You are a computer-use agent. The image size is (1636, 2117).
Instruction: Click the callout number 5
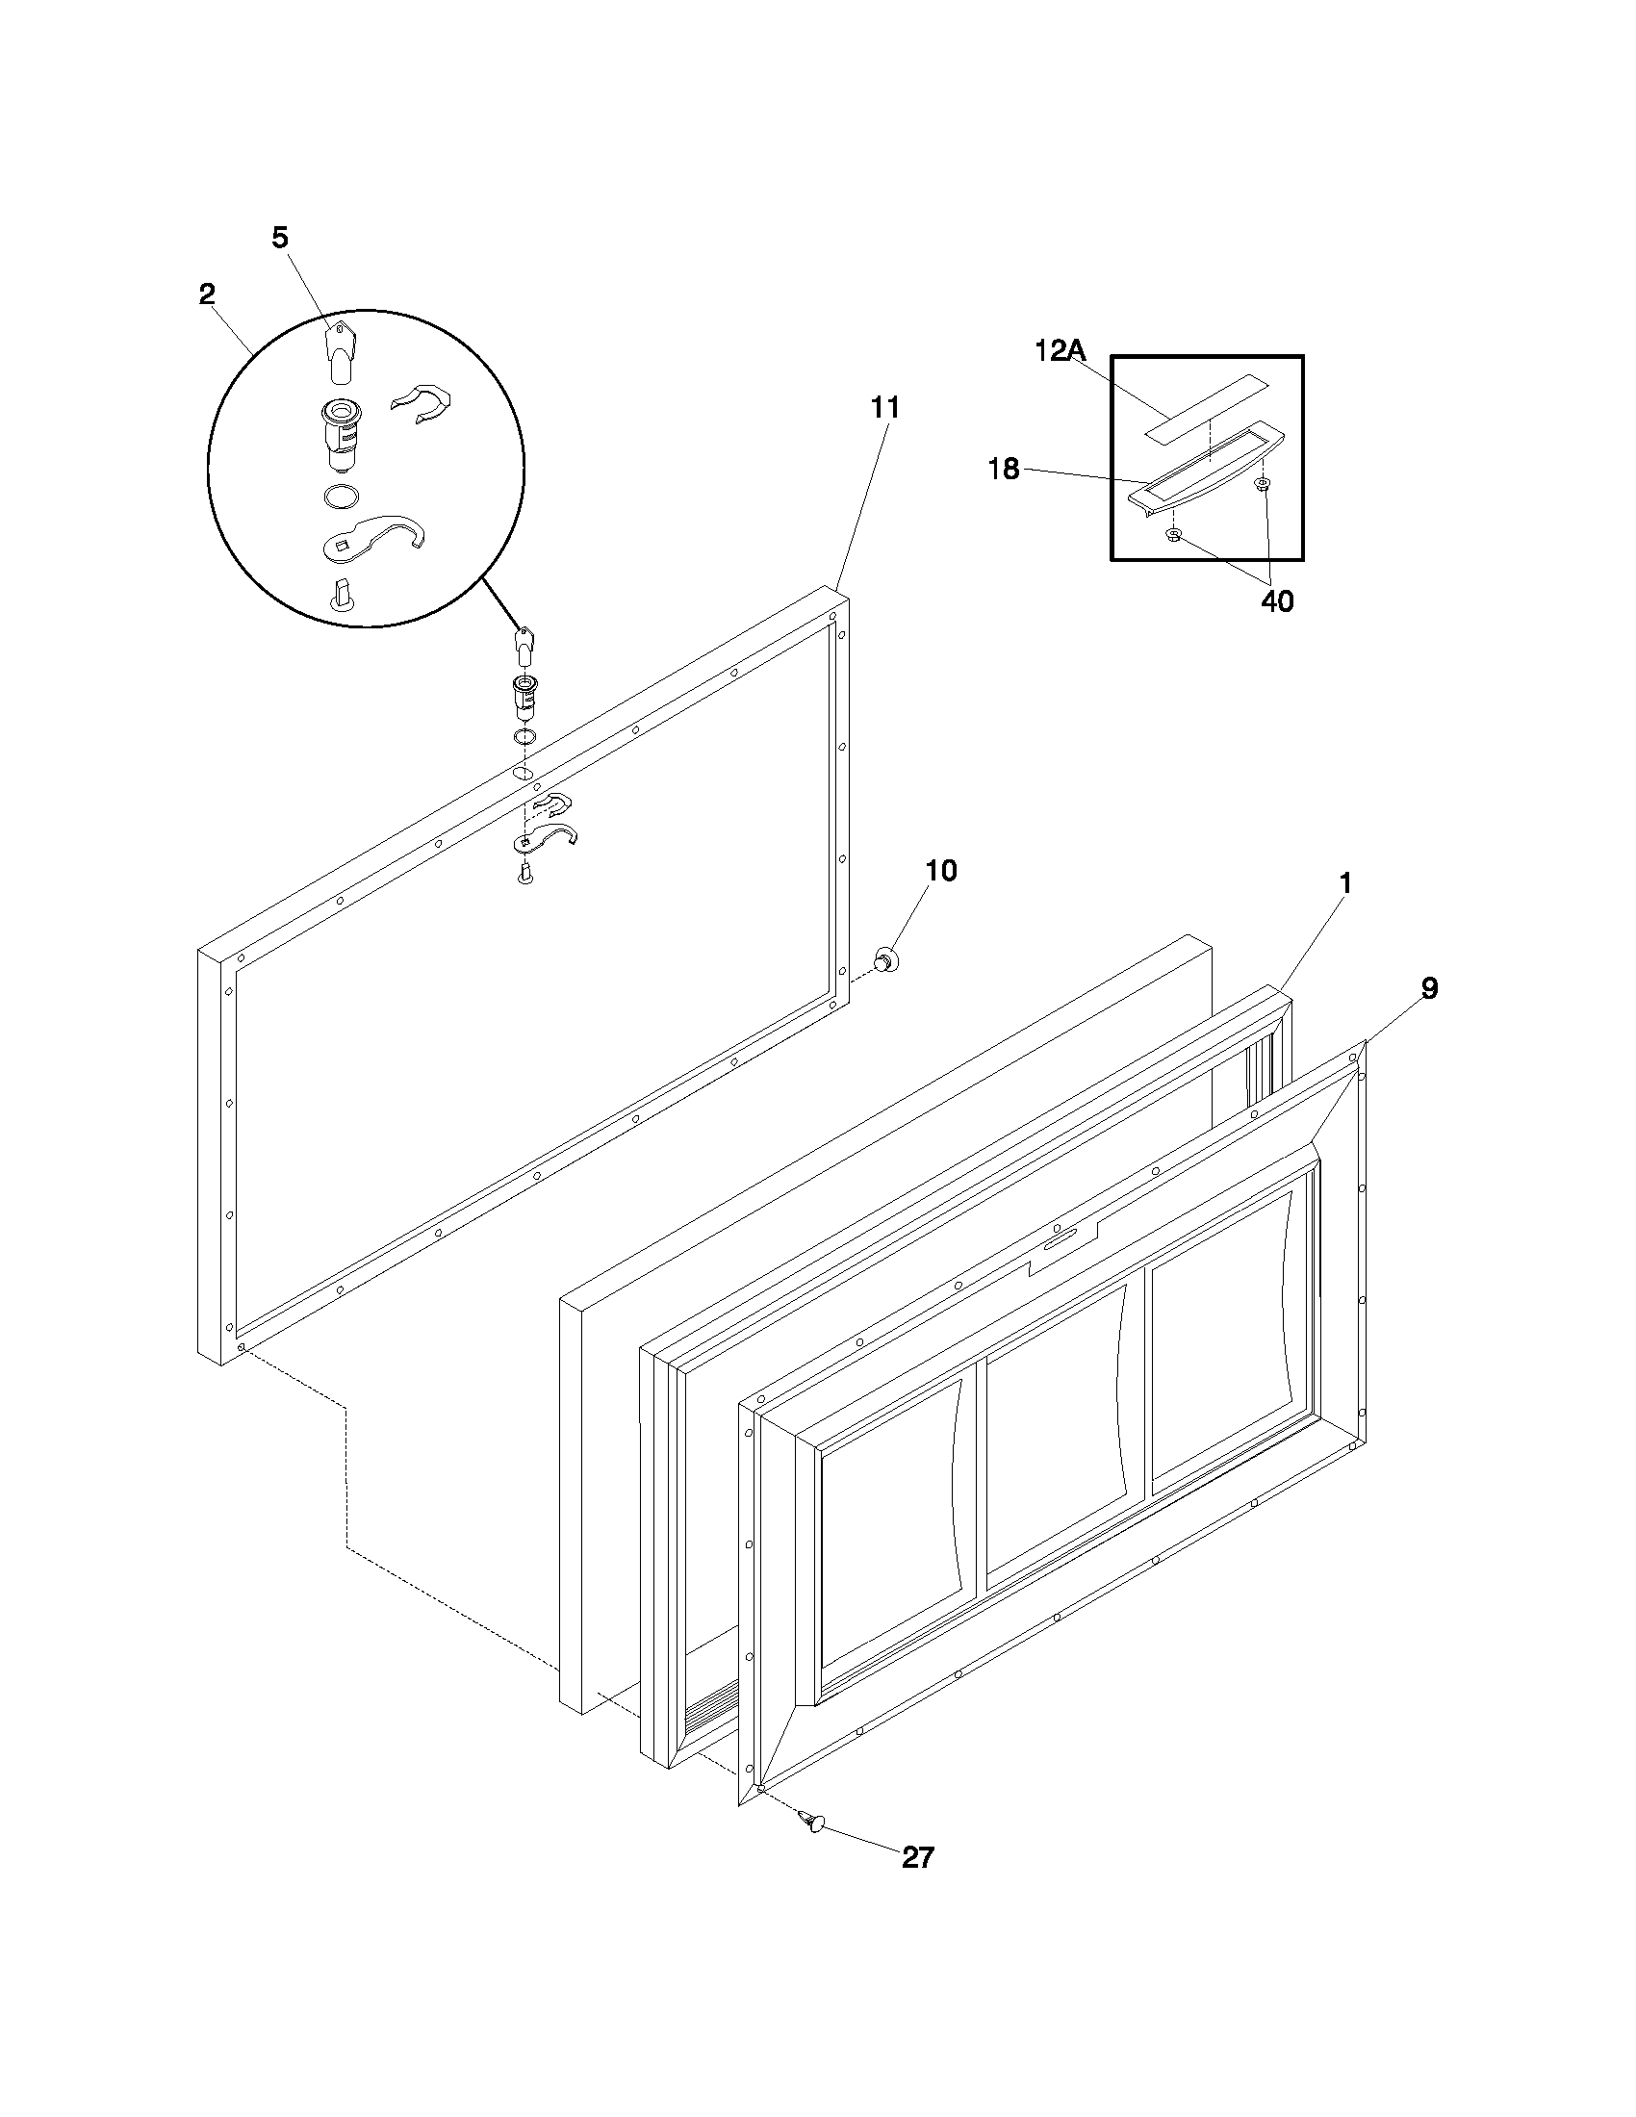point(279,238)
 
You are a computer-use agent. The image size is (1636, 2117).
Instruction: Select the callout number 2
point(207,294)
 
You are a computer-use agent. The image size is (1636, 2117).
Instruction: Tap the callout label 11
point(883,408)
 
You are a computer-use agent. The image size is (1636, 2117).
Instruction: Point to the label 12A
point(1059,351)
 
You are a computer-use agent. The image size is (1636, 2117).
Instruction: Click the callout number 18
point(1004,471)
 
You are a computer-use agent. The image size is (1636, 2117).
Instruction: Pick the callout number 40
point(1276,601)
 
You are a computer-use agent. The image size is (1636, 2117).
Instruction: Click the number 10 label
point(940,871)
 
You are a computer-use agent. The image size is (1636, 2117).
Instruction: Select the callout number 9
point(1429,987)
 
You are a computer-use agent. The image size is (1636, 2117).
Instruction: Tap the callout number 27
point(917,1857)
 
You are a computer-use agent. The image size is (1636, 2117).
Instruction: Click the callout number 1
point(1345,883)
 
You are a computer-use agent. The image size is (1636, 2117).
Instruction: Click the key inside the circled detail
point(337,351)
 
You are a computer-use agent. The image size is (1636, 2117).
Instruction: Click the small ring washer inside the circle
point(338,497)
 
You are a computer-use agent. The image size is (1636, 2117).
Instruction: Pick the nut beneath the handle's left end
point(1175,535)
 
